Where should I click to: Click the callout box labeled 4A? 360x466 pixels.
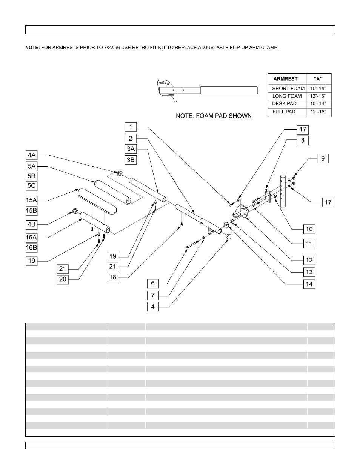32,155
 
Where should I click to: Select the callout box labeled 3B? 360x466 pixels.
131,160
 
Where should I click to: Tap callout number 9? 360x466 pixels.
323,158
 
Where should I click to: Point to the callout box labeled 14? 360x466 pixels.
309,284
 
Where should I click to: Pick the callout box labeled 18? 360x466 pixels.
112,277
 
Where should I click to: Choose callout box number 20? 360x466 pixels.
63,279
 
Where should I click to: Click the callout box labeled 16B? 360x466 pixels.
32,248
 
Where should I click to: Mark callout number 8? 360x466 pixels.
303,140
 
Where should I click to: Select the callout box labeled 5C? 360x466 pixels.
32,186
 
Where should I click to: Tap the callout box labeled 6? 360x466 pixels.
153,284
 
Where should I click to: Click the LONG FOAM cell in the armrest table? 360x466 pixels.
287,96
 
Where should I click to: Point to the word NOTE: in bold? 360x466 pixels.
32,48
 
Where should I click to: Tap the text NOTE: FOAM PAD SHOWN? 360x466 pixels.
214,116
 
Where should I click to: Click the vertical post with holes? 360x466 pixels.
283,191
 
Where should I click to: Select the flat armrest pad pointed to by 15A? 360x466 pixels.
98,201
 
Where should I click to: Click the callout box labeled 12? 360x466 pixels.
309,260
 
